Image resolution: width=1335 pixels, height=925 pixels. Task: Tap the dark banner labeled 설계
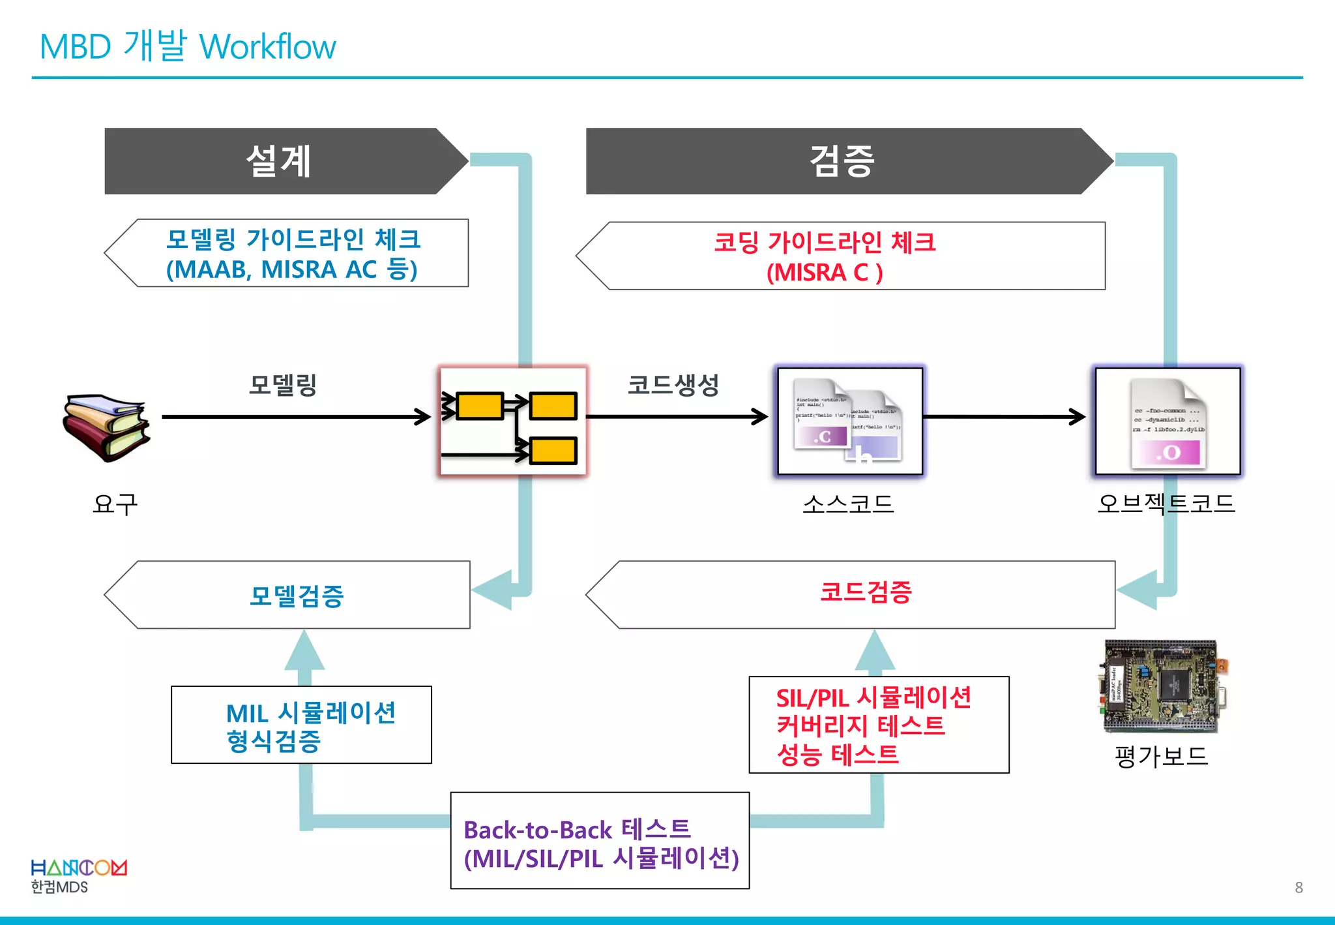coord(278,161)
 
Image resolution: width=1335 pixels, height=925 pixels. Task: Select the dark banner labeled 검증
coord(841,161)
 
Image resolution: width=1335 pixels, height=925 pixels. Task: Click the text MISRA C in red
coord(824,272)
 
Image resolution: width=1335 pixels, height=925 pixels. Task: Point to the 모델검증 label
coord(297,596)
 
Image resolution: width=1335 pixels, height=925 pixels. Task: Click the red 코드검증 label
coord(865,592)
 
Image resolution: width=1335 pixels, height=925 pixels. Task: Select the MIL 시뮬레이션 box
coord(301,725)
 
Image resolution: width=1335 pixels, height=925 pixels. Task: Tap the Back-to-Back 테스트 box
coord(600,841)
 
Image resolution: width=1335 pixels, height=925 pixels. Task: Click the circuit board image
coord(1161,687)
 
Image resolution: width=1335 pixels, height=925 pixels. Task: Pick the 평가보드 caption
coord(1161,756)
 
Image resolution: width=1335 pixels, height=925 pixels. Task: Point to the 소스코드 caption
coord(848,504)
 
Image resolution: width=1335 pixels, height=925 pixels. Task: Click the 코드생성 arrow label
coord(673,385)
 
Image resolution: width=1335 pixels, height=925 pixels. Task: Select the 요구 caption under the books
coord(115,504)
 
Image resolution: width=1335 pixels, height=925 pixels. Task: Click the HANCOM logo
coord(79,868)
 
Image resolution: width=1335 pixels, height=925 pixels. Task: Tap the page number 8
coord(1298,887)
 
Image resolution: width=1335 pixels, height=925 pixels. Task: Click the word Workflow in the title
coord(267,47)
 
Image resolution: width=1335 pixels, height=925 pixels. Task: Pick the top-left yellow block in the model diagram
coord(480,406)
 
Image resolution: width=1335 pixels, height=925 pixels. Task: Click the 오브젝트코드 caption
coord(1166,504)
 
